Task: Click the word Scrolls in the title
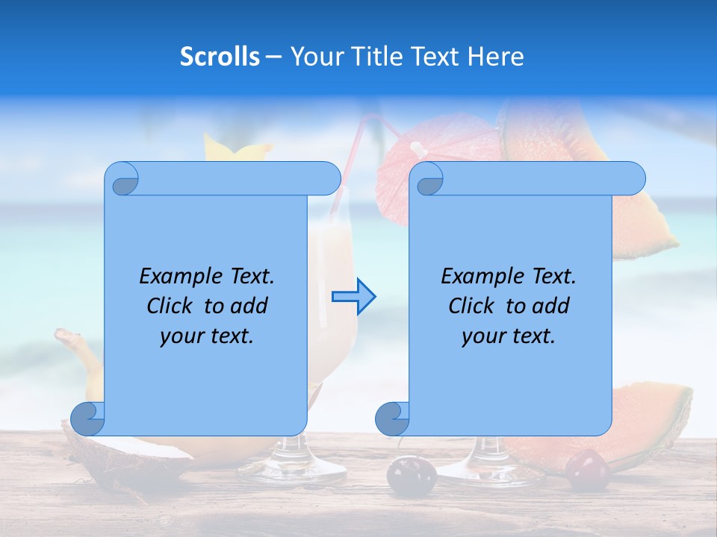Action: point(220,57)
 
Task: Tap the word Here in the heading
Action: point(495,57)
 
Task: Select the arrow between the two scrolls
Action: point(354,297)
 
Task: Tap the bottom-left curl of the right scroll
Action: point(392,418)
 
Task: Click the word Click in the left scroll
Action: point(171,306)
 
